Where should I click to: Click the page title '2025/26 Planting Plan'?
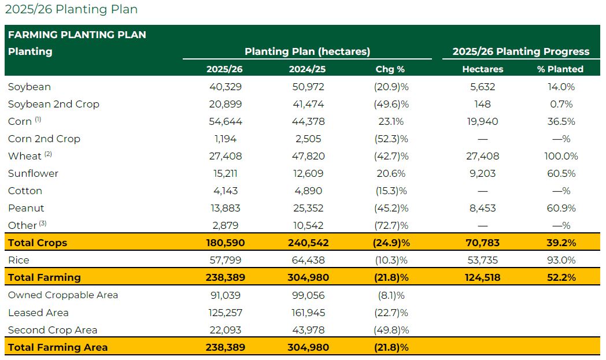click(71, 10)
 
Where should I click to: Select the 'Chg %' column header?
click(390, 69)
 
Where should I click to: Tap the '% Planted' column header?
click(560, 69)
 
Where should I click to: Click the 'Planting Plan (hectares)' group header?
click(307, 51)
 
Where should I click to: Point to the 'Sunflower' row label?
click(33, 173)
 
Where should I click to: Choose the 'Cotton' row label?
click(25, 191)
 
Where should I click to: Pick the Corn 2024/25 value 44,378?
click(306, 121)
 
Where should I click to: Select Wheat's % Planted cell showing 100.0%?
click(560, 156)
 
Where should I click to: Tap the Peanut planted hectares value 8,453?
click(482, 208)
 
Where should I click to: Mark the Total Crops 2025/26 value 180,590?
click(225, 243)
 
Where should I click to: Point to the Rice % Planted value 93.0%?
click(560, 260)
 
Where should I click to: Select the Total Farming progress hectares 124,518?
click(482, 277)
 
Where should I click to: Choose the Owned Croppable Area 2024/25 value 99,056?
click(306, 295)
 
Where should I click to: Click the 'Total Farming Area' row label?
click(58, 347)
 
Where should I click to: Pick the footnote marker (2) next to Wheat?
click(48, 154)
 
